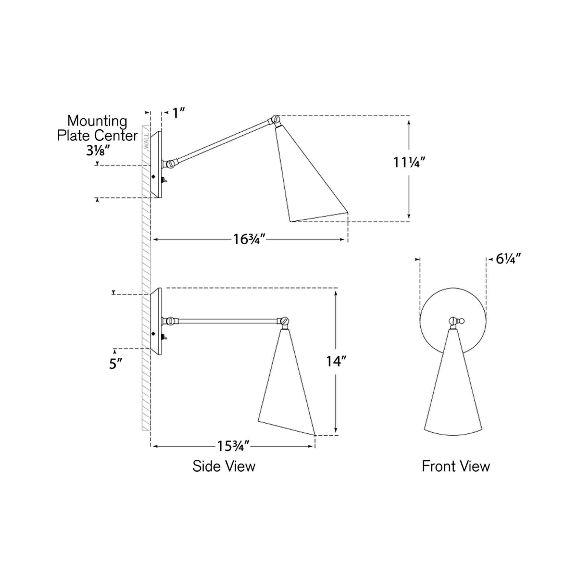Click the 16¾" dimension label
coord(249,239)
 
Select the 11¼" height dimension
coord(409,163)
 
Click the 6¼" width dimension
coord(509,259)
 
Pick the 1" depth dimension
coord(179,113)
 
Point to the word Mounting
coord(97,121)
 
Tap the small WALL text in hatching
coord(146,142)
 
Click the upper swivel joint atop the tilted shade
coord(275,120)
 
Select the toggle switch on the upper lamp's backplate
coord(164,180)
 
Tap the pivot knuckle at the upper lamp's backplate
coord(170,164)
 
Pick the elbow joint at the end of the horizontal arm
coord(284,321)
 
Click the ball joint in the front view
coord(452,321)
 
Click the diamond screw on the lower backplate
coord(154,334)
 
